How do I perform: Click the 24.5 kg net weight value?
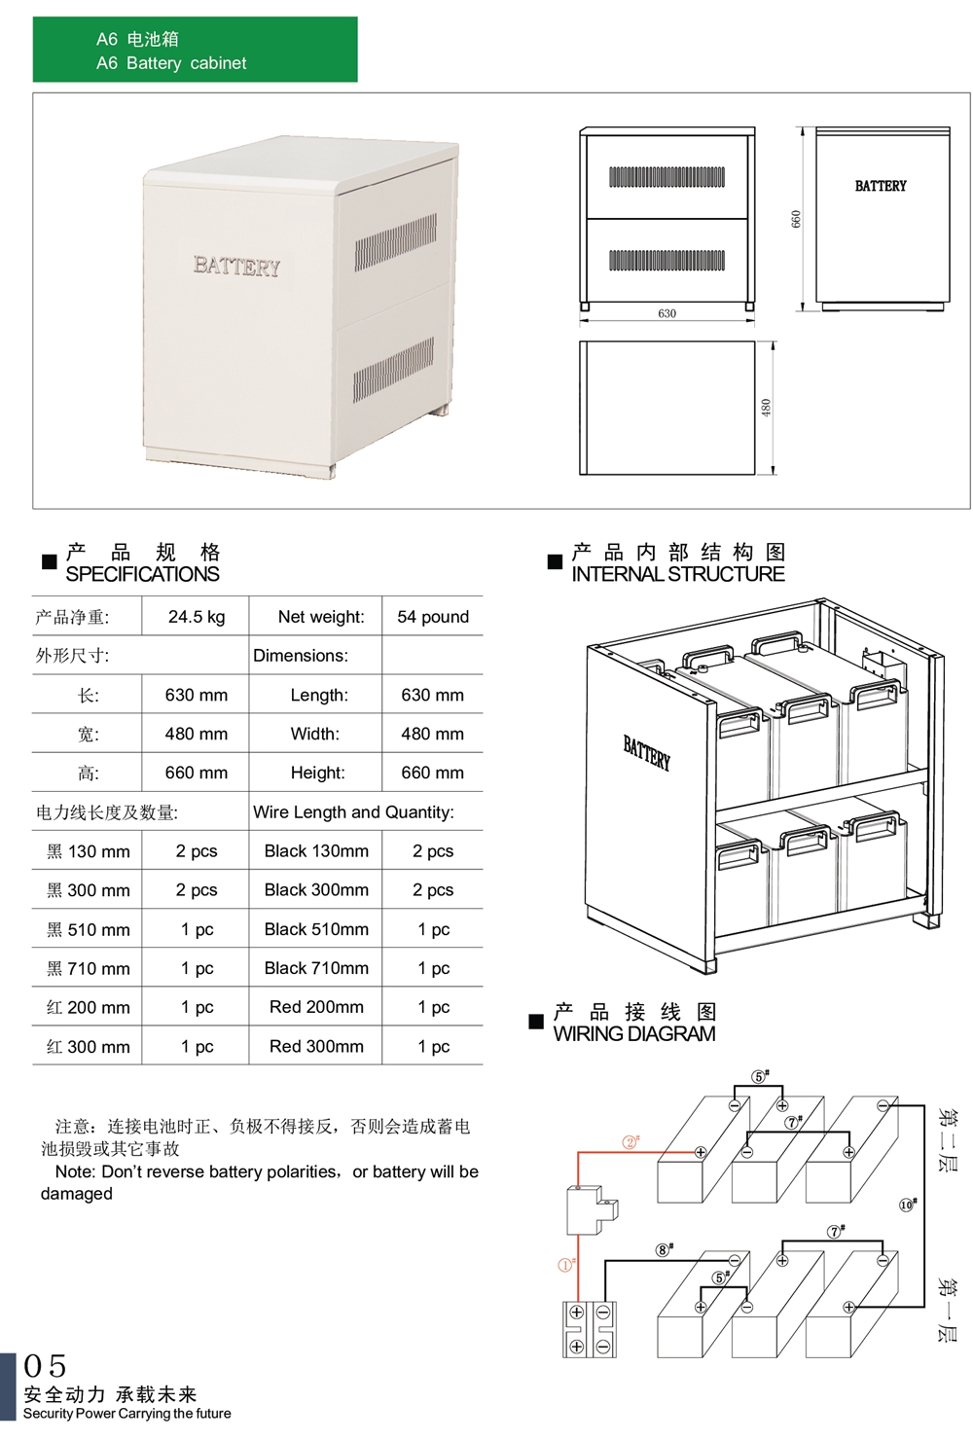coord(196,617)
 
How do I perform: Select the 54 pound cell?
coord(432,617)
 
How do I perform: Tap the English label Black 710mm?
coord(316,968)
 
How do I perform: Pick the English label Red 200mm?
coord(316,1007)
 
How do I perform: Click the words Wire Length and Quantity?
coord(353,812)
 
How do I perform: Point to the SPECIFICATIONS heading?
coord(142,574)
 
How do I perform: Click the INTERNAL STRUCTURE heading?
coord(677,574)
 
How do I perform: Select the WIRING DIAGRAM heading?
coord(633,1034)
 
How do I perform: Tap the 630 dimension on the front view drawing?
coord(667,313)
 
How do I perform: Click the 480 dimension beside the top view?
coord(766,408)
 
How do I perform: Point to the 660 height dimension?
coord(796,219)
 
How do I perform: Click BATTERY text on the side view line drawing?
coord(881,186)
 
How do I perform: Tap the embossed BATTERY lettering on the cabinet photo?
coord(236,267)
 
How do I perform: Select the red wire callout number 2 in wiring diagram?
coord(631,1142)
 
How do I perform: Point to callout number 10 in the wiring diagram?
coord(907,1205)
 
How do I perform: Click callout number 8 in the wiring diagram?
coord(664,1250)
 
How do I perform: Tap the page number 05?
coord(45,1366)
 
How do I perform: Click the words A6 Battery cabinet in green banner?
coord(171,63)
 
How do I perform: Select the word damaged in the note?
coord(77,1194)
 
